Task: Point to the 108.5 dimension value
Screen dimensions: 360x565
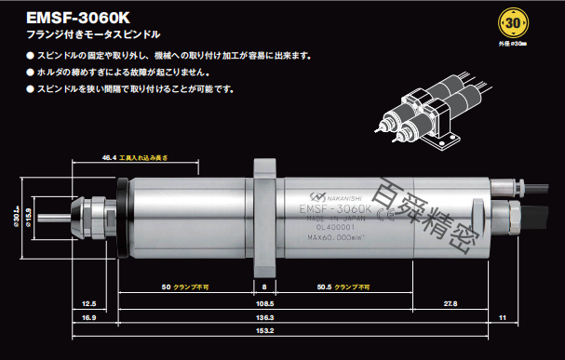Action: [264, 302]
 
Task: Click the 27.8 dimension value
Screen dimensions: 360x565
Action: [450, 302]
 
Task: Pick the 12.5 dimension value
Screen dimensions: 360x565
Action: [89, 302]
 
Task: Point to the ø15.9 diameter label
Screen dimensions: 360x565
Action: [29, 220]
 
